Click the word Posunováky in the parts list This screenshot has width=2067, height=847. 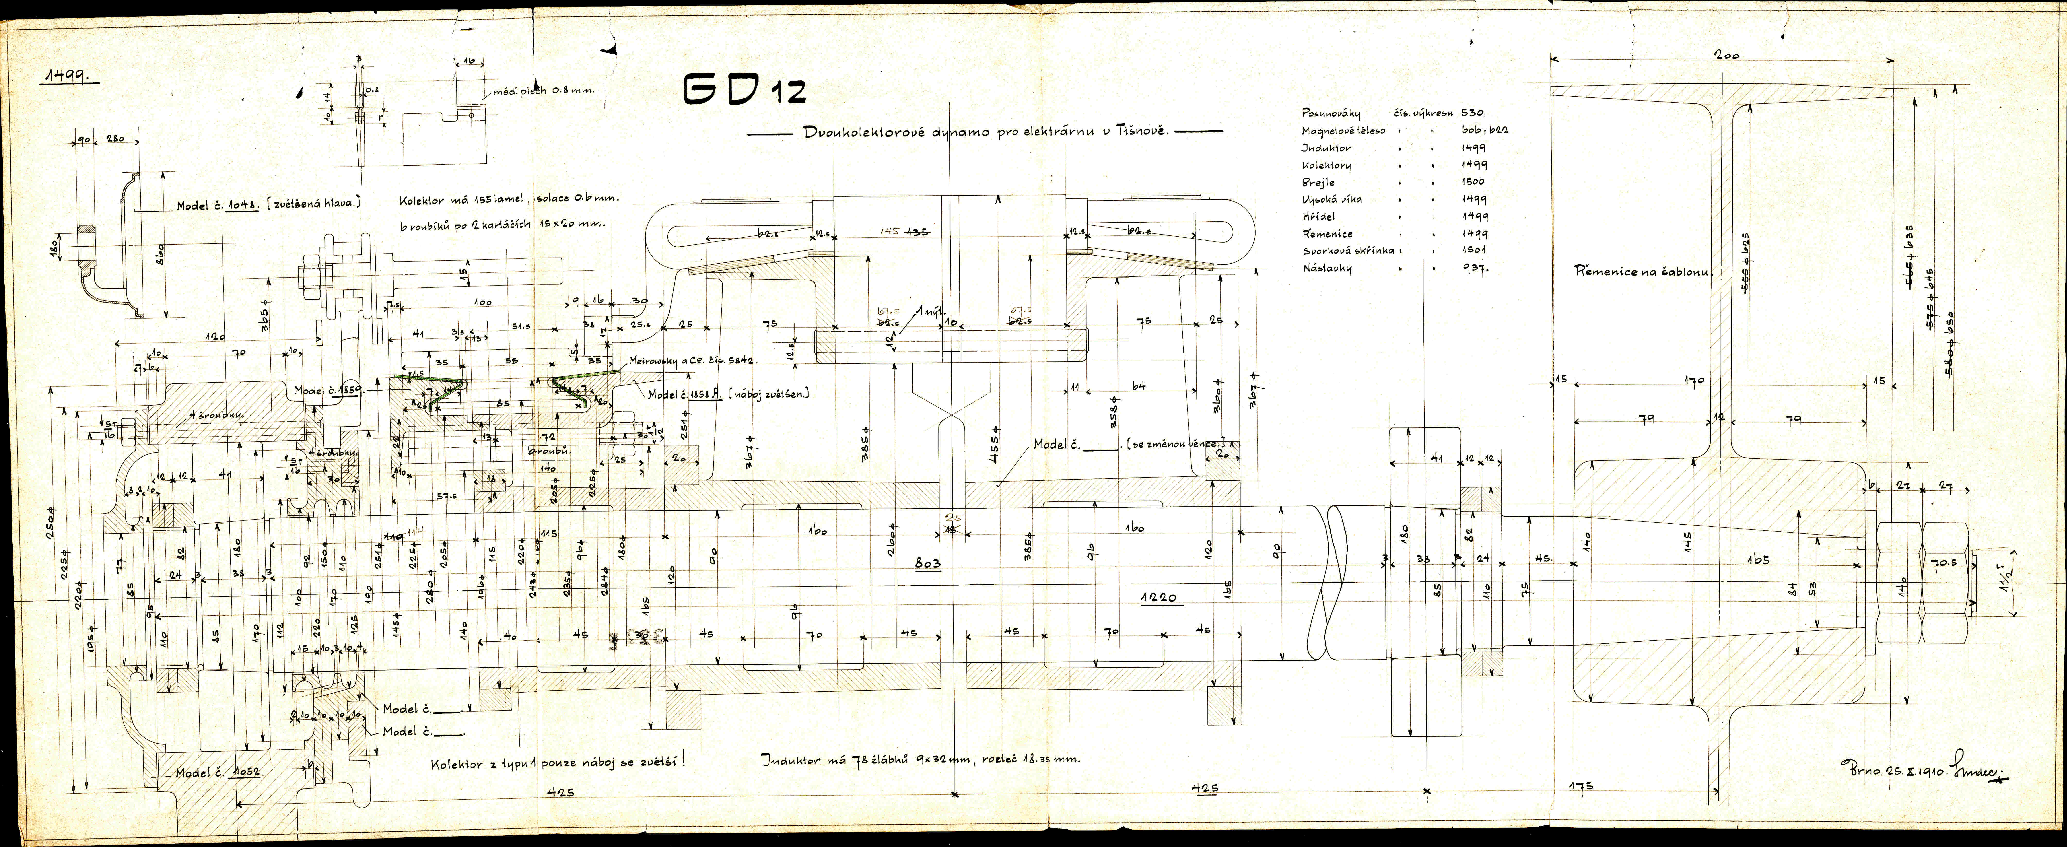(1330, 113)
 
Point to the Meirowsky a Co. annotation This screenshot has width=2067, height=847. (692, 361)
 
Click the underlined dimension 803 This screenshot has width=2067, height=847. (928, 564)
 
